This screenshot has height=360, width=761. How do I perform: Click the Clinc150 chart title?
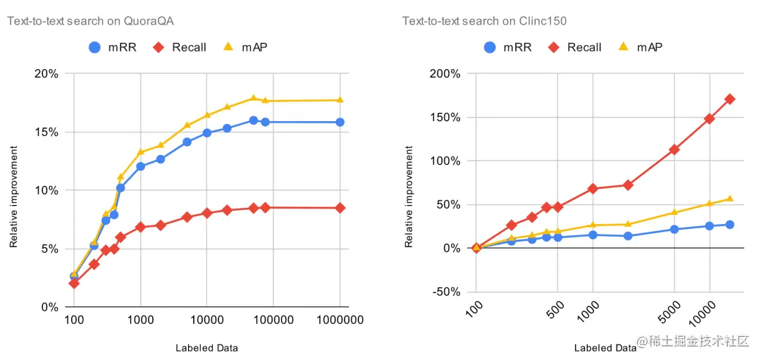click(x=484, y=21)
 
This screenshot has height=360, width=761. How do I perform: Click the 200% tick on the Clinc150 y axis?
click(x=445, y=73)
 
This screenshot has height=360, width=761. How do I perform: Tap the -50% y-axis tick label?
click(x=445, y=292)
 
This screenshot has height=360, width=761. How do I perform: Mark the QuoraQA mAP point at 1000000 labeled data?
click(x=340, y=100)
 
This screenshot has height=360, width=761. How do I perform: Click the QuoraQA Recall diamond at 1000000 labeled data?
click(x=340, y=208)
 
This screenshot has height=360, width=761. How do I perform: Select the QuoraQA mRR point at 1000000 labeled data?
click(x=340, y=122)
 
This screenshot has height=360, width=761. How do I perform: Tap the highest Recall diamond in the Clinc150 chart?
click(x=730, y=99)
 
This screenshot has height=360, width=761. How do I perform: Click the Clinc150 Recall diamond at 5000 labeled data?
click(x=674, y=149)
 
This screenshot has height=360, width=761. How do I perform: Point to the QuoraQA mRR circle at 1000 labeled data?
click(x=140, y=166)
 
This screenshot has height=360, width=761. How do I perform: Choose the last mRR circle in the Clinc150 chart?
click(x=730, y=225)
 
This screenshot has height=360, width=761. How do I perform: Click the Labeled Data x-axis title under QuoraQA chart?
click(x=206, y=347)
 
